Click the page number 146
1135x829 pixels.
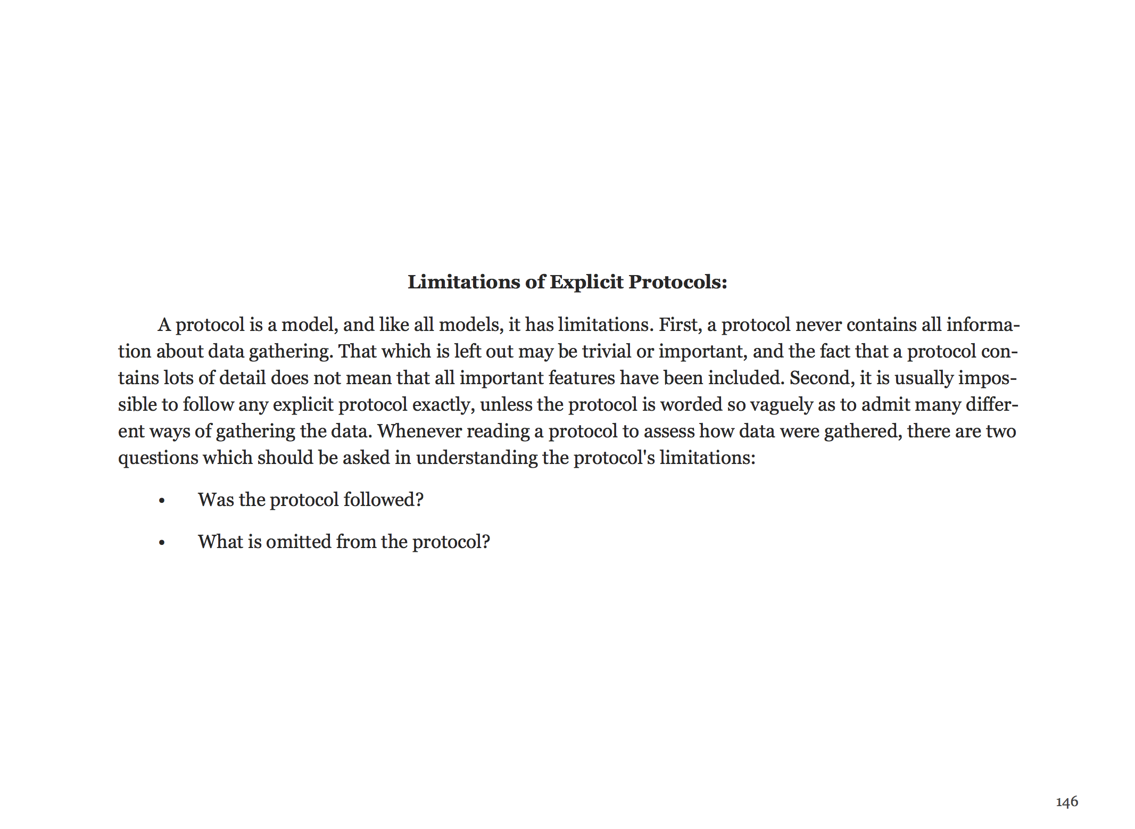click(x=1066, y=801)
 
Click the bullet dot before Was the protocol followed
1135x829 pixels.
click(x=162, y=501)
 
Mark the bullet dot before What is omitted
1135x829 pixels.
click(x=162, y=543)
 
